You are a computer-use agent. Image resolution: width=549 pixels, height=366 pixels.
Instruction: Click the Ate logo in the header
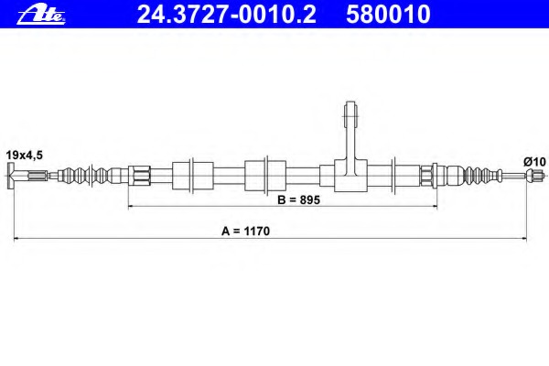coord(41,16)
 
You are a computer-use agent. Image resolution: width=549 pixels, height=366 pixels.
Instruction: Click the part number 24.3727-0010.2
coord(226,15)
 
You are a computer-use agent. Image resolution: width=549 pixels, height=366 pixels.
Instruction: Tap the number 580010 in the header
coord(388,15)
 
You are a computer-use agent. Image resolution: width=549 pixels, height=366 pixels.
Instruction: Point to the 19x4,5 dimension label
coord(24,155)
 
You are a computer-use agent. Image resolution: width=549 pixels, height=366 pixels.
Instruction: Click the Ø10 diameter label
coord(534,162)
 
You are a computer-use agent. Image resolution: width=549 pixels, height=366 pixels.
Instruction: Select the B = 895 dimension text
coord(298,200)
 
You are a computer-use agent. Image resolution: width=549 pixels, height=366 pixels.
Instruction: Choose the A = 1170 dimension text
coord(245,231)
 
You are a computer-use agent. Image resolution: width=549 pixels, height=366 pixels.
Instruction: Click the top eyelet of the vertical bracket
coord(350,113)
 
